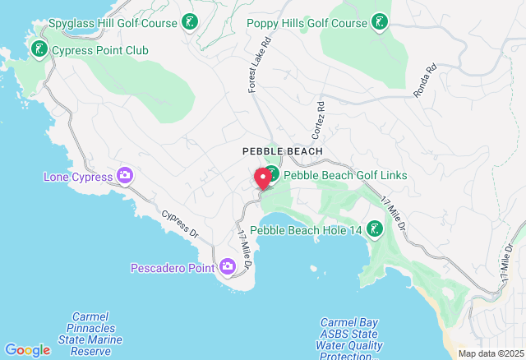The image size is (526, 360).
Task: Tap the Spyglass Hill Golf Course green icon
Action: [x=190, y=22]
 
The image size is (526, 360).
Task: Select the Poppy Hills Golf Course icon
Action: [x=380, y=22]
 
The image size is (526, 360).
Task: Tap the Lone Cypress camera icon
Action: [x=125, y=175]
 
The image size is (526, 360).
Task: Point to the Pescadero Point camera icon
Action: [x=228, y=266]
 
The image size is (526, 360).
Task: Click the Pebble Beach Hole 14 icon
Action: [x=375, y=229]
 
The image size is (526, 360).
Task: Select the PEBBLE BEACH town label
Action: [x=277, y=152]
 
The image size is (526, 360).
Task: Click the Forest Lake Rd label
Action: [x=253, y=64]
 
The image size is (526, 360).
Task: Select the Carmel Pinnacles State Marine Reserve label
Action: [x=90, y=334]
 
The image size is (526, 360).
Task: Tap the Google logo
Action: [x=27, y=350]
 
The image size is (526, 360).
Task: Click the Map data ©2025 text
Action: [x=490, y=354]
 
